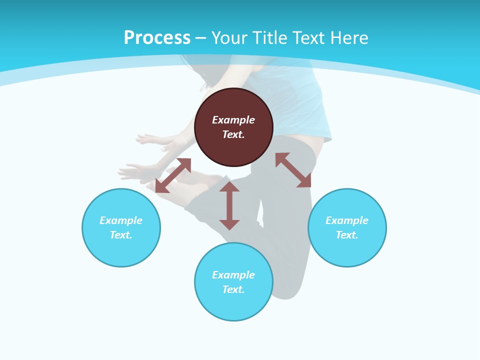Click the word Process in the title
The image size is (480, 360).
click(x=157, y=38)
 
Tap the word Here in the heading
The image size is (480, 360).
click(x=349, y=38)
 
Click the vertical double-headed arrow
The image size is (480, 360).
click(x=229, y=205)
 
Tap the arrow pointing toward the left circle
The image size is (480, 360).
click(x=173, y=175)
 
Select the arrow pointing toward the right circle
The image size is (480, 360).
click(x=293, y=170)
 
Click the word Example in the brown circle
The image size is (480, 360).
click(x=233, y=120)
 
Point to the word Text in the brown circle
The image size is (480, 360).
click(x=233, y=134)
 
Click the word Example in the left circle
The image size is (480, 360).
click(x=121, y=220)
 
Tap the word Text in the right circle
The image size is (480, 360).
click(x=347, y=235)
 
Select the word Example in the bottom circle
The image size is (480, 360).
click(x=233, y=275)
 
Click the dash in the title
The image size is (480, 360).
click(x=201, y=38)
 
